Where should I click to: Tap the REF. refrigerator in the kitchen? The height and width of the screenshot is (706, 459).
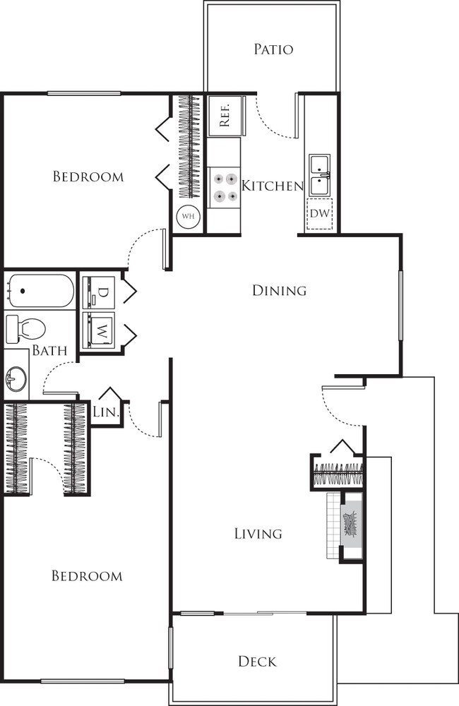225,115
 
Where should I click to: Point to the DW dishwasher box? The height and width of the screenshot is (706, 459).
319,213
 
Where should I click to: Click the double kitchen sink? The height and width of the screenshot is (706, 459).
319,176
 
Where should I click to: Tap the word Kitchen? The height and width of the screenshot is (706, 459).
272,186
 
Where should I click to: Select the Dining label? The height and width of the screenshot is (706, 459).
279,290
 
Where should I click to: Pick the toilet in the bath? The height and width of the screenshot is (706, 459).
25,328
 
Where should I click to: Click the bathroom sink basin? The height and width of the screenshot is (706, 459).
15,380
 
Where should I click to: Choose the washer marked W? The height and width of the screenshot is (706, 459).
100,329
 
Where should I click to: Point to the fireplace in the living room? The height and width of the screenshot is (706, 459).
351,525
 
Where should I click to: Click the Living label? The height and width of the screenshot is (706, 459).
258,534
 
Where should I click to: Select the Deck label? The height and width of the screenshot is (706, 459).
256,662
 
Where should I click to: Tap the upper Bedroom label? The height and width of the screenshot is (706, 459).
88,176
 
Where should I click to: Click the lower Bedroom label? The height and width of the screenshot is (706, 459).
87,576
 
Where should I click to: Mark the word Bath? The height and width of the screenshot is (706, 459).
49,350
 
